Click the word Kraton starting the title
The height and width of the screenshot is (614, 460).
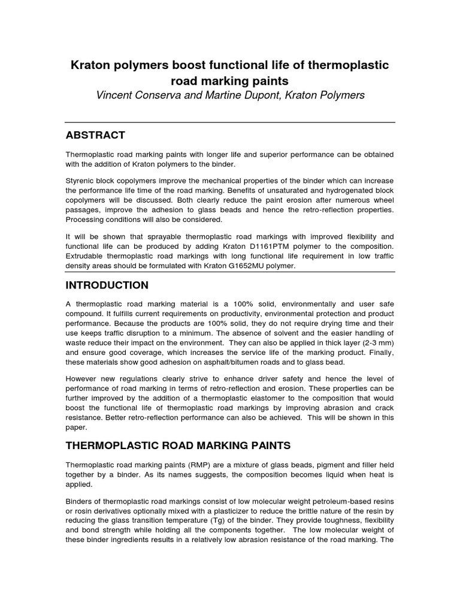coord(90,65)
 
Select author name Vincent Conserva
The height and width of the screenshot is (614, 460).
coord(137,96)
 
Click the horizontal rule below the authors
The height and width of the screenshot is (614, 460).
coord(230,122)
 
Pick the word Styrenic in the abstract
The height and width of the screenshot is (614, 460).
coord(81,181)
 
